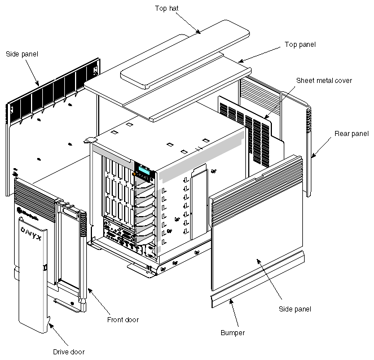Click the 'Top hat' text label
click(166, 8)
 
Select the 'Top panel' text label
click(300, 44)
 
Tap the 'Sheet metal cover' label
click(324, 81)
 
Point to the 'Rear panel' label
click(351, 134)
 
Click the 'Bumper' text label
click(232, 333)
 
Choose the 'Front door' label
click(123, 320)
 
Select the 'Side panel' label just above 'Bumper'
click(295, 309)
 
